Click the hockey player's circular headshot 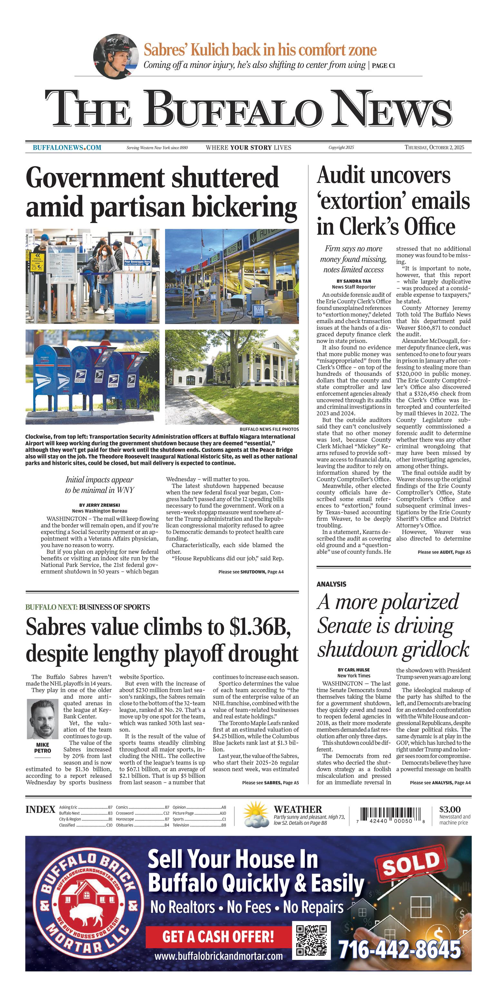click(x=116, y=56)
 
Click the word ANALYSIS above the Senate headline click(x=331, y=584)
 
